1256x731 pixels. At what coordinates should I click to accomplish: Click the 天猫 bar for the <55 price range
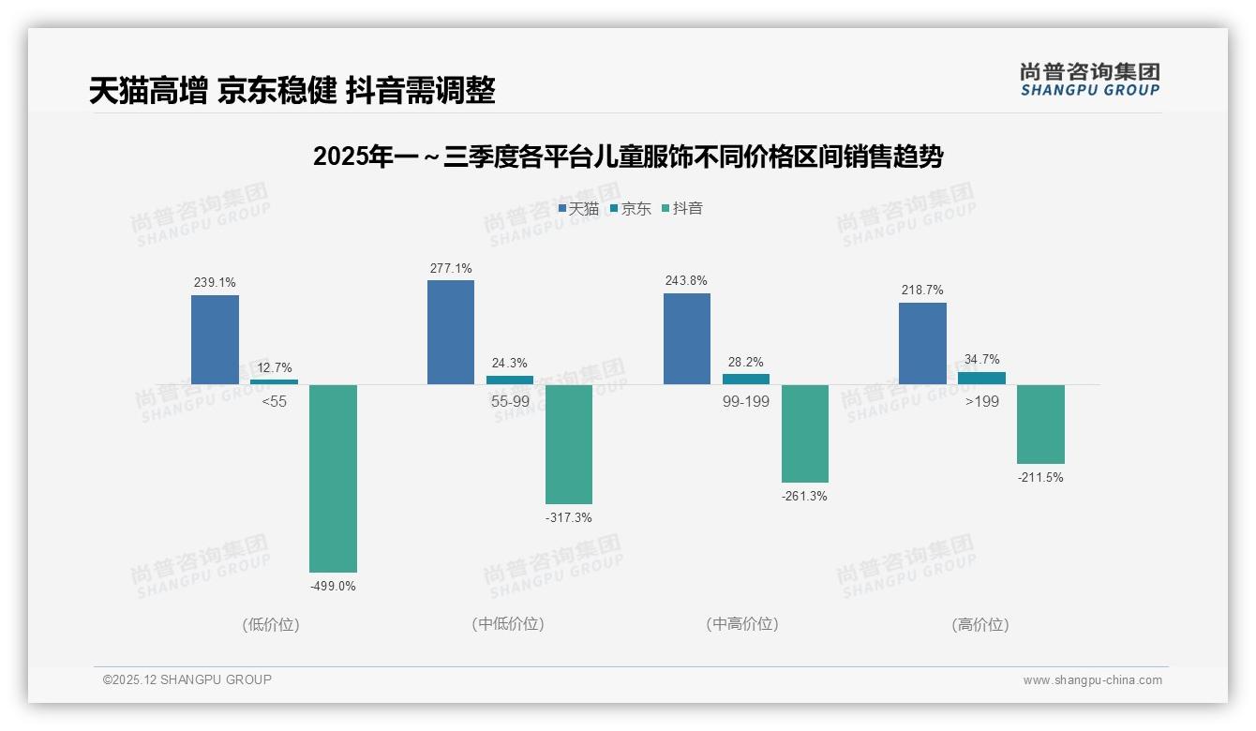tap(215, 339)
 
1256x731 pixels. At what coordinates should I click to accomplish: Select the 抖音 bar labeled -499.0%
tap(333, 478)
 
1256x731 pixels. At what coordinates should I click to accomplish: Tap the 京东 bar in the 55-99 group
tap(509, 380)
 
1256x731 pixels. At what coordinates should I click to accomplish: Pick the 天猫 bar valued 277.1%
tap(451, 332)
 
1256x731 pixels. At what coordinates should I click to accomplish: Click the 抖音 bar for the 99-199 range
tap(805, 433)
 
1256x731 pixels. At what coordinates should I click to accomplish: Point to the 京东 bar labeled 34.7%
tap(981, 378)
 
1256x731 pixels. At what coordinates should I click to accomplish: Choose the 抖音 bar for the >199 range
tap(1040, 424)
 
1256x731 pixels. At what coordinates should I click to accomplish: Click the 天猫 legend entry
tap(578, 208)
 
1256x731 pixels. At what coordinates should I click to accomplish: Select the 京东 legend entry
tap(631, 208)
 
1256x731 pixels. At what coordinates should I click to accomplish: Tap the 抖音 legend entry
tap(682, 208)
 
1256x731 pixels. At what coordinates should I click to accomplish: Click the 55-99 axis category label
tap(510, 401)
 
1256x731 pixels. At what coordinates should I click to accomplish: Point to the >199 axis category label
tap(981, 401)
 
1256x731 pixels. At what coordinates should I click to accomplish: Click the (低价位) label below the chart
tap(271, 624)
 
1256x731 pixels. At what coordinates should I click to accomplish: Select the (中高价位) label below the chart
tap(742, 624)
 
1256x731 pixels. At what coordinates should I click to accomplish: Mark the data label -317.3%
tap(569, 518)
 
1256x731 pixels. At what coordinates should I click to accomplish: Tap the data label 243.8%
tap(687, 281)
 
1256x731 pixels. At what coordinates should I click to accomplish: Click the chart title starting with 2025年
tap(627, 157)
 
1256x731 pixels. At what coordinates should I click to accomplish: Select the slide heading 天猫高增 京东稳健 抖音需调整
tap(292, 91)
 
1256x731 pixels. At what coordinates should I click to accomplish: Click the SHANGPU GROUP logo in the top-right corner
tap(1089, 80)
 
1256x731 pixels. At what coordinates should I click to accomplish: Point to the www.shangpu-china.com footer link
tap(1092, 680)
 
